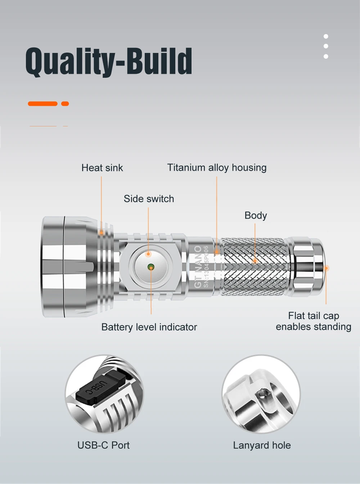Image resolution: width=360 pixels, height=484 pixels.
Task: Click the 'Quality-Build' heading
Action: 109,61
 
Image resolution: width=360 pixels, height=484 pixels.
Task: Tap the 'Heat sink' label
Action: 102,168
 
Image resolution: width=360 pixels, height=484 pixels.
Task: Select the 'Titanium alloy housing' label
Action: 217,167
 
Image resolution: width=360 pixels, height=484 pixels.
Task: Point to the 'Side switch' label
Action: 149,199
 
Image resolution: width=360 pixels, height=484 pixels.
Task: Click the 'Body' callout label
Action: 256,215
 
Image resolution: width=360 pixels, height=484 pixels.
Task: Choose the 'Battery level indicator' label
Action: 149,327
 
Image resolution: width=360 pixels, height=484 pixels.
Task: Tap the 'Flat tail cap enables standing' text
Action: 313,321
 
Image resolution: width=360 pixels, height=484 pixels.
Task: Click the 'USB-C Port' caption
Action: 103,445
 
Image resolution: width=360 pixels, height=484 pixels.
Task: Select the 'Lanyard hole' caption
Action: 262,445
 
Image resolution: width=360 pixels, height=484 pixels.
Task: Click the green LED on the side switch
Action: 151,267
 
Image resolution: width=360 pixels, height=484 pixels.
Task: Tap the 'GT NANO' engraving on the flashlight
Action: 198,266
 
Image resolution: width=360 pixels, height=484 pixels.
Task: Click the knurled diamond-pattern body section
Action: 254,266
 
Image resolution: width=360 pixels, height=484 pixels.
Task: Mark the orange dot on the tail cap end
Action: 326,268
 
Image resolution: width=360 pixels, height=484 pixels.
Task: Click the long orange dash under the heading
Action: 42,104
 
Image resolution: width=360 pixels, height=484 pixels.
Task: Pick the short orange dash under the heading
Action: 65,104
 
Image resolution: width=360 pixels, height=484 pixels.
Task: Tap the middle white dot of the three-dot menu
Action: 326,46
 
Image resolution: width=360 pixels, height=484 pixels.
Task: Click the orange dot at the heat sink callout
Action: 102,233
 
